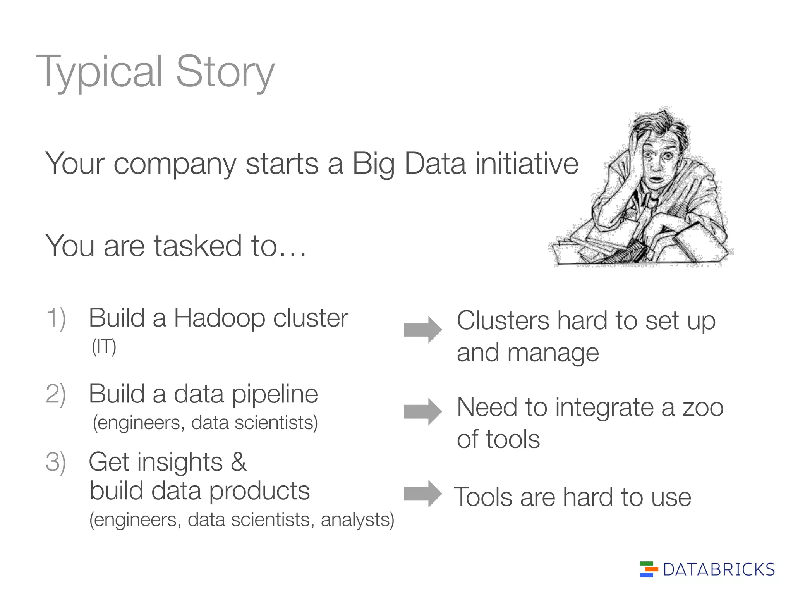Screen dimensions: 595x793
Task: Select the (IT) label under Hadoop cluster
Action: [104, 347]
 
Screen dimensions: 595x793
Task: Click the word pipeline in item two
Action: [275, 395]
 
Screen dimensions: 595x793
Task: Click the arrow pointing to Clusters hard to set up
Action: [422, 330]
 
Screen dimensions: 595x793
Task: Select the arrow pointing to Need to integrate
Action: [422, 411]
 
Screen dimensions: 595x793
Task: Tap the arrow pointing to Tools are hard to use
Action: [422, 494]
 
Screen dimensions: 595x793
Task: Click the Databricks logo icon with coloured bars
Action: [649, 569]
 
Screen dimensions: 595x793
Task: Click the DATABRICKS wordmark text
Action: [719, 570]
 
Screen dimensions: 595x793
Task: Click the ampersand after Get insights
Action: [239, 463]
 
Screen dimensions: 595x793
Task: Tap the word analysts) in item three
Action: [357, 520]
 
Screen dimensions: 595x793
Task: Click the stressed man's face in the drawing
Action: [657, 163]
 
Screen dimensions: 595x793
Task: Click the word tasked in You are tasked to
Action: [198, 246]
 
